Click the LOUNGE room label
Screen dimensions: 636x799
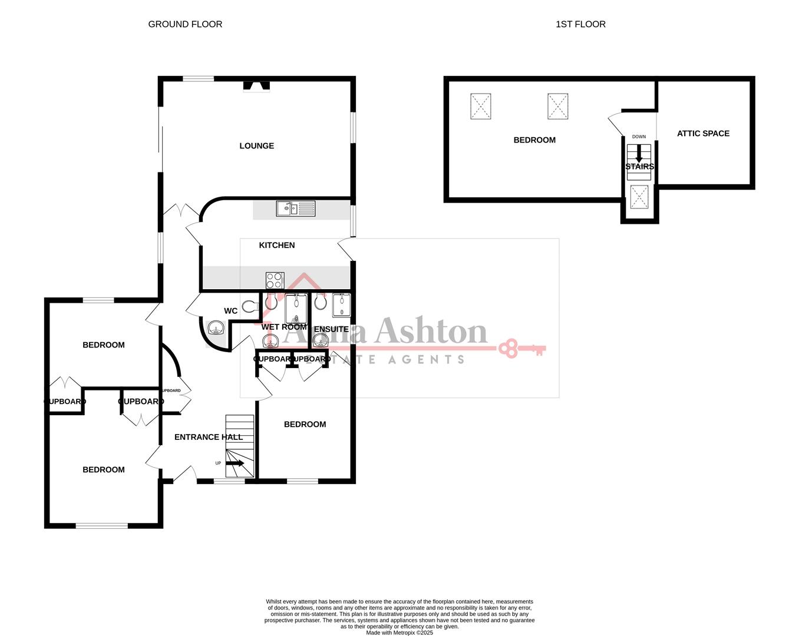pyautogui.click(x=256, y=145)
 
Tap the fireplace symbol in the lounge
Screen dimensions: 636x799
pyautogui.click(x=257, y=87)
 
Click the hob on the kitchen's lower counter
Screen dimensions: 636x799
pyautogui.click(x=275, y=280)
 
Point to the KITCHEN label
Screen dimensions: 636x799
pyautogui.click(x=276, y=245)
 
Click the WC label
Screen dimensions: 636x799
pyautogui.click(x=230, y=311)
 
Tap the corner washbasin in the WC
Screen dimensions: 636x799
pyautogui.click(x=216, y=327)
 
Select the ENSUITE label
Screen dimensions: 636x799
pyautogui.click(x=331, y=329)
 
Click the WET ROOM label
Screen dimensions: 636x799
pyautogui.click(x=284, y=327)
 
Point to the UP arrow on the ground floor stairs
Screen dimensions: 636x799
pyautogui.click(x=235, y=463)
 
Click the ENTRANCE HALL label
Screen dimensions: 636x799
pyautogui.click(x=209, y=437)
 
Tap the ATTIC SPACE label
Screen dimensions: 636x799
pyautogui.click(x=703, y=134)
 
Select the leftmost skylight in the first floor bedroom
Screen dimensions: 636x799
pyautogui.click(x=480, y=107)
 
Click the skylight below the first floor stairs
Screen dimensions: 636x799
pyautogui.click(x=639, y=197)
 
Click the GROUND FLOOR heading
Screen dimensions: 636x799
pyautogui.click(x=185, y=24)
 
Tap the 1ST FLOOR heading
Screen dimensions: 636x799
pyautogui.click(x=580, y=24)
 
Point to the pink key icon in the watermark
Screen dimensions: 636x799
pyautogui.click(x=522, y=348)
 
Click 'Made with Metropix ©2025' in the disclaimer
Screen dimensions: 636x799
pyautogui.click(x=399, y=633)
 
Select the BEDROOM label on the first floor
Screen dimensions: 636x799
pyautogui.click(x=534, y=140)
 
